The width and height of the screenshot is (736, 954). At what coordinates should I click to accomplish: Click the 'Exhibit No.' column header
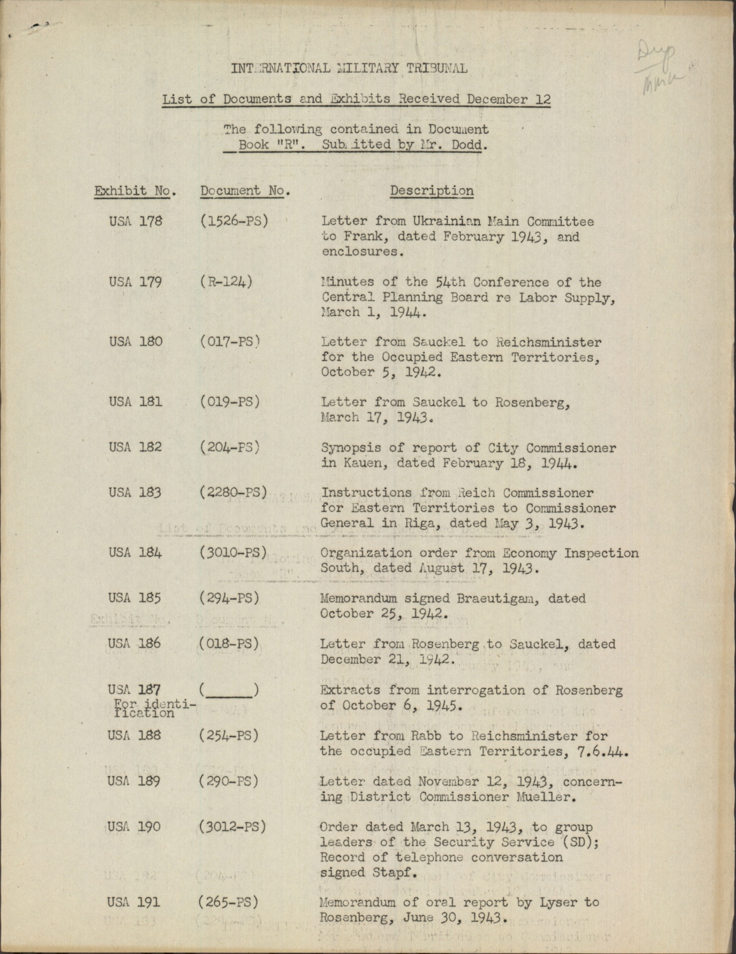coord(135,191)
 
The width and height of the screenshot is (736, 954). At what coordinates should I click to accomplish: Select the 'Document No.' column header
coord(245,191)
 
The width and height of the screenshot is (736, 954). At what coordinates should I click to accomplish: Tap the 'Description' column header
coord(431,191)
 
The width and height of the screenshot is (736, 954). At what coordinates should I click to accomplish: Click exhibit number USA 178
coord(135,222)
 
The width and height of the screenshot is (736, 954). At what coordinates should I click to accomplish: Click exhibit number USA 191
coord(134,902)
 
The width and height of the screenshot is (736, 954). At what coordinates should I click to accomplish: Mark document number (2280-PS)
coord(233,492)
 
